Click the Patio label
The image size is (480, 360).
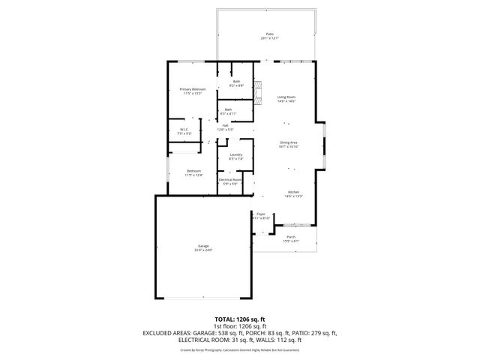tap(269, 34)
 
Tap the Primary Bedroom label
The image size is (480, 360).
tap(193, 89)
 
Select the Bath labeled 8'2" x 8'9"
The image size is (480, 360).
tap(236, 82)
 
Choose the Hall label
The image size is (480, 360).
tap(225, 126)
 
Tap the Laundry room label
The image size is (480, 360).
tap(235, 155)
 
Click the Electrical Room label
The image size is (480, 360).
tap(230, 179)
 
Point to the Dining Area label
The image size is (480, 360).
tap(289, 142)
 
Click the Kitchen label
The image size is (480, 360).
tap(293, 193)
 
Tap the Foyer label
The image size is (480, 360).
tap(261, 214)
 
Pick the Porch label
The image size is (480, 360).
tap(291, 237)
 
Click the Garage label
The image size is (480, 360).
tap(203, 245)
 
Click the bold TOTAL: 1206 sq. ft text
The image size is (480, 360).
tap(240, 319)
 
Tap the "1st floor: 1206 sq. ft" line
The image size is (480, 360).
tap(240, 326)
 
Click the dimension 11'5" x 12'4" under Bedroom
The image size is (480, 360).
tap(194, 175)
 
